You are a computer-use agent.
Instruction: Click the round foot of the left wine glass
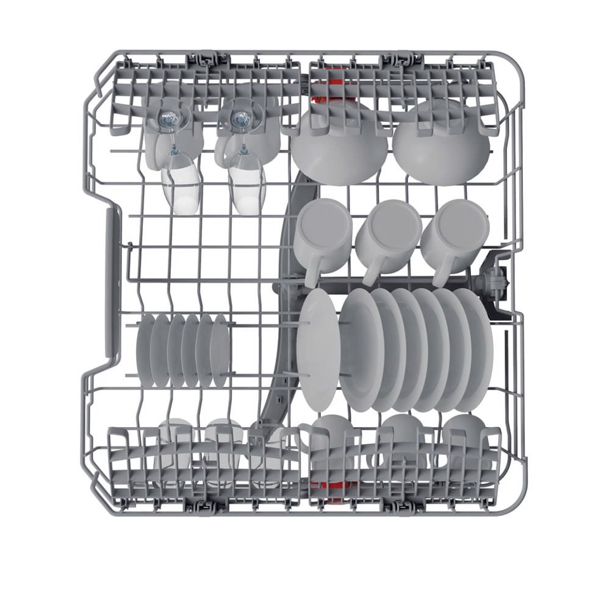(169, 118)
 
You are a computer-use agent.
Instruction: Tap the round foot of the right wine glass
(241, 118)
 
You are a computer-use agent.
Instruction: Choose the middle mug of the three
(388, 230)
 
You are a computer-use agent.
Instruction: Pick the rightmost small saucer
(220, 350)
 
